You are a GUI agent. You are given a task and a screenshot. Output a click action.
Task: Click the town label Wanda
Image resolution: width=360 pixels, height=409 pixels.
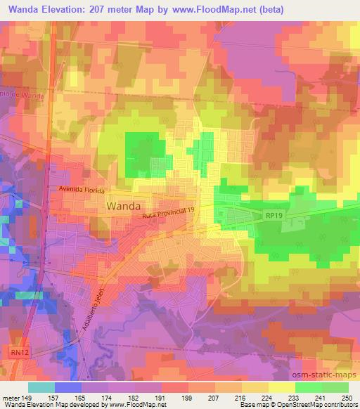(x=123, y=206)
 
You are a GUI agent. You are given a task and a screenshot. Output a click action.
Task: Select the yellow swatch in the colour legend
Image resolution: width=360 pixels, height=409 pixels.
(x=281, y=387)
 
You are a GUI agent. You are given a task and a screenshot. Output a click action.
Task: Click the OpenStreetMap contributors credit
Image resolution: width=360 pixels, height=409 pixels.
(x=316, y=405)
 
